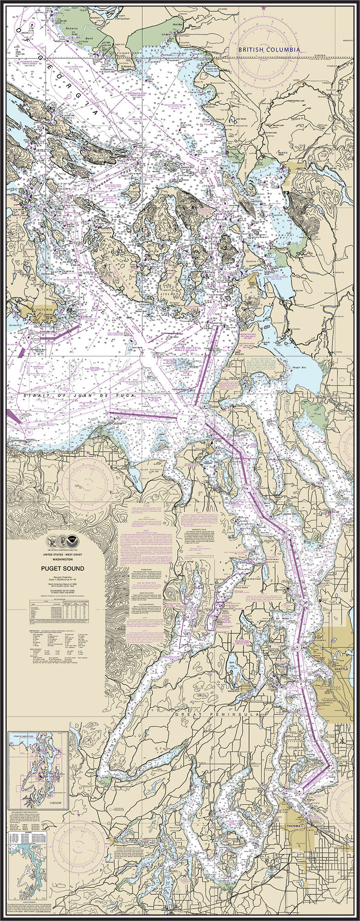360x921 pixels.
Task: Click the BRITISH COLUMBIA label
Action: point(269,49)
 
